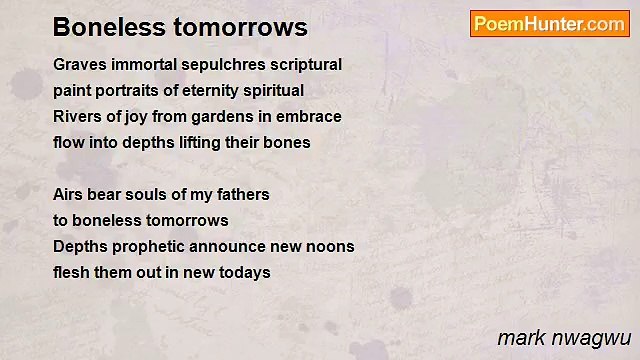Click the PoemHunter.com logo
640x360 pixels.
(x=549, y=24)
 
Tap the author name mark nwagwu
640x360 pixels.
(x=562, y=337)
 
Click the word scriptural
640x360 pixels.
(x=305, y=65)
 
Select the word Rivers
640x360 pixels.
(x=76, y=117)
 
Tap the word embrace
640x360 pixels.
(x=313, y=117)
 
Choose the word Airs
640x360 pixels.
(x=68, y=195)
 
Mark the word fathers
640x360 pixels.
(x=243, y=195)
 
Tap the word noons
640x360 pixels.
(x=331, y=247)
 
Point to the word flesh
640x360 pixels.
(x=71, y=273)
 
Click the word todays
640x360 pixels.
(x=245, y=273)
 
